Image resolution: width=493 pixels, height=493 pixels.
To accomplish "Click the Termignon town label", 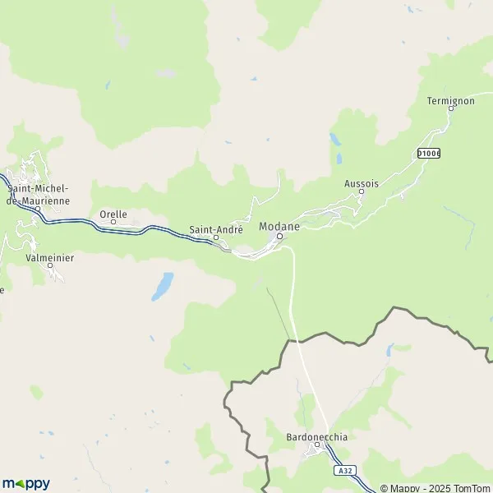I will point(451,101).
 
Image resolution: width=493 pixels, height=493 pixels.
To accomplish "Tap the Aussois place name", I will point(362,184).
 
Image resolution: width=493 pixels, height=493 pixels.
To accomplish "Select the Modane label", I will point(278,226).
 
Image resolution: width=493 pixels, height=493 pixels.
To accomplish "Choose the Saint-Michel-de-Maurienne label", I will point(38,195).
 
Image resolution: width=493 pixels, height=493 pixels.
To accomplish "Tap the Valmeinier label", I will point(50,257).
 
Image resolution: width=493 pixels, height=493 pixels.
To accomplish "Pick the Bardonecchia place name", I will point(317,437).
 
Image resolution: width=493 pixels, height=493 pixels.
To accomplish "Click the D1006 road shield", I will point(428,153).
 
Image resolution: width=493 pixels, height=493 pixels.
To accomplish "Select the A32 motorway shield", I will point(345,471).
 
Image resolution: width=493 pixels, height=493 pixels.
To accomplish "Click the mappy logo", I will point(25,483).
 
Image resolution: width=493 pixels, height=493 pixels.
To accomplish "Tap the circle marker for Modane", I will point(279,237).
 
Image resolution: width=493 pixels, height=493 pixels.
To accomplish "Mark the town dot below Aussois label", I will point(362,195).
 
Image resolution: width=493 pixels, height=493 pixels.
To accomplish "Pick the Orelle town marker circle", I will point(113,222).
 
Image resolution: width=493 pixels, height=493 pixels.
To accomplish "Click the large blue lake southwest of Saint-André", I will point(162,285).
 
